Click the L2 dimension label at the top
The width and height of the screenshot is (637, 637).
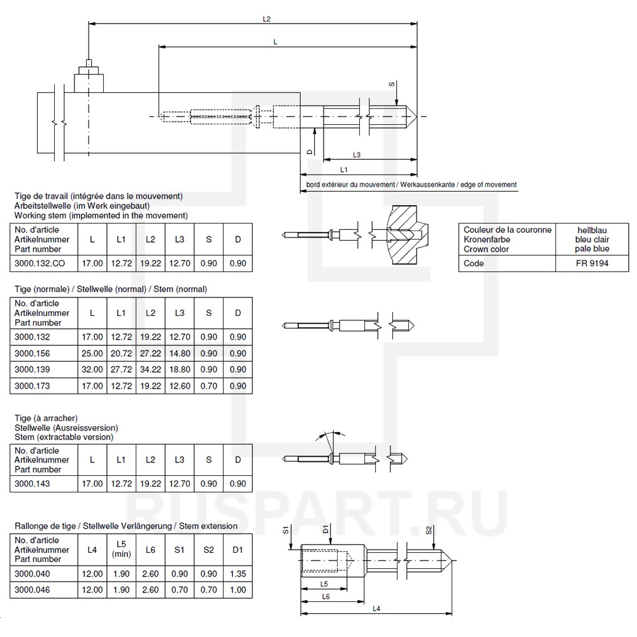coord(267,19)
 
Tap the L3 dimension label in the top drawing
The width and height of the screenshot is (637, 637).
coord(357,155)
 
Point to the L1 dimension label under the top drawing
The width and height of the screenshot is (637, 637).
coord(344,169)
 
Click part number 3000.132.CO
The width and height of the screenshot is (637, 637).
coord(39,262)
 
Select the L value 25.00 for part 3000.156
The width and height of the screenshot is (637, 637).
coord(92,354)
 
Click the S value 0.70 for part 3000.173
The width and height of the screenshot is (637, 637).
coord(208,385)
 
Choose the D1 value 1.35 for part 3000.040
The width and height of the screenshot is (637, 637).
coord(238,574)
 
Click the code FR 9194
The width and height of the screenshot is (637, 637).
coord(592,263)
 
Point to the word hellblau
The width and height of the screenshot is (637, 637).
coord(592,230)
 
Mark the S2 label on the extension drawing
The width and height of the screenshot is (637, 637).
coord(429,530)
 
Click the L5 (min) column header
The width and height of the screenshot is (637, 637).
coord(121,549)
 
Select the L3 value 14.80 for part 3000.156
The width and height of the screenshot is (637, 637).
coord(179,354)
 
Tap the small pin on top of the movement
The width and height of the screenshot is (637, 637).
coord(88,62)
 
